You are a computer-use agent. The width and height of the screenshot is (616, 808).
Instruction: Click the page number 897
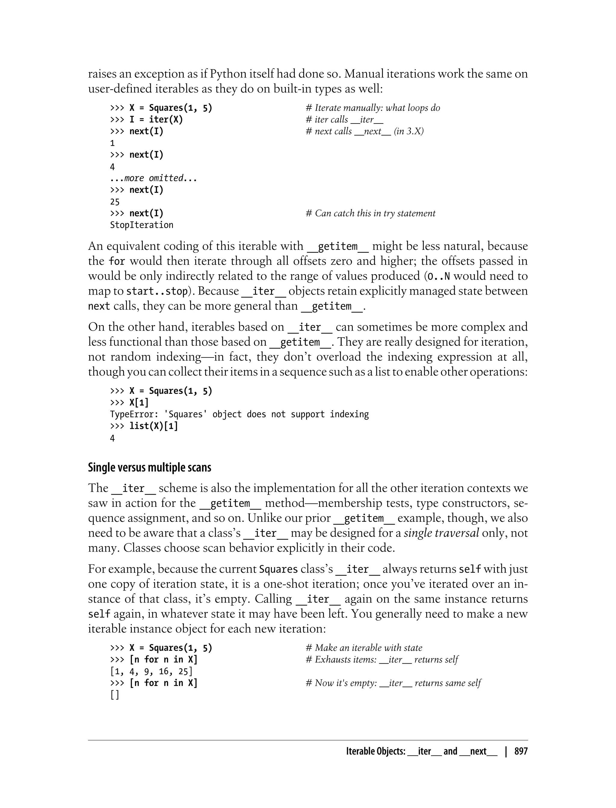tap(521, 751)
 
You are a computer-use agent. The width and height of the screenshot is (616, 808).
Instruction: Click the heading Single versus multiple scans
tap(149, 468)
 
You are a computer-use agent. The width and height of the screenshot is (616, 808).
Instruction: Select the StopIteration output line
tap(142, 225)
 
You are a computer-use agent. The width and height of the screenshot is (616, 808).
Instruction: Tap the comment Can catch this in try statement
tap(370, 213)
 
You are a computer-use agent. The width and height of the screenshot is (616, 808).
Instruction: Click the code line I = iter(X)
tap(147, 119)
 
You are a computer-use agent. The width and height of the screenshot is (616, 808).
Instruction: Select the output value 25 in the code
tap(115, 201)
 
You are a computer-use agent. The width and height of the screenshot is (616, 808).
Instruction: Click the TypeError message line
tap(239, 414)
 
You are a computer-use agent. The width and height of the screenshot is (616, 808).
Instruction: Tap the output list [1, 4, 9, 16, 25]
tap(151, 671)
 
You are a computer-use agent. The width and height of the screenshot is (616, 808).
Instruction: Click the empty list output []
tap(114, 695)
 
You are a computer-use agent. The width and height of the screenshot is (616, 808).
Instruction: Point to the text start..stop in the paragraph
tap(157, 291)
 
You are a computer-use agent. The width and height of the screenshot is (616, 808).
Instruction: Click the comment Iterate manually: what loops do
tap(373, 108)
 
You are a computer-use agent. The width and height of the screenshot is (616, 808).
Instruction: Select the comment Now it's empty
tap(393, 683)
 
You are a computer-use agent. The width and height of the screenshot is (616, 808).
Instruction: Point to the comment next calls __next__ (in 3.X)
tap(365, 131)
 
